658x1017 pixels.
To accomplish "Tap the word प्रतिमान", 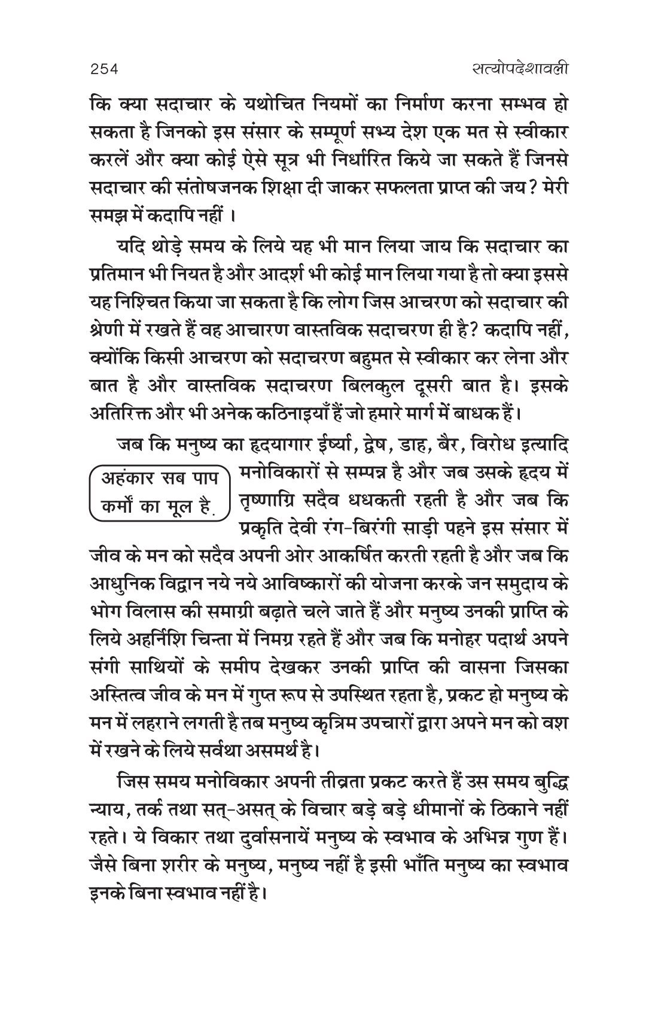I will pyautogui.click(x=114, y=273).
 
